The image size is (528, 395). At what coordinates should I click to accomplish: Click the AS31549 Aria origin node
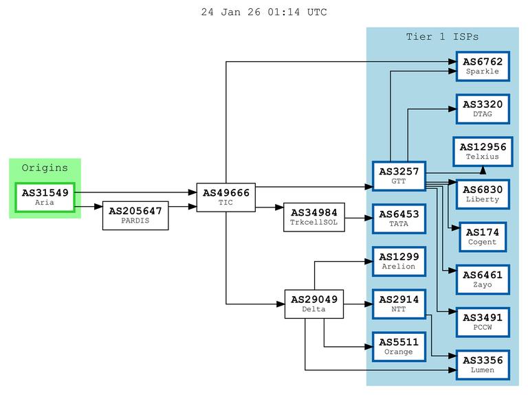click(45, 197)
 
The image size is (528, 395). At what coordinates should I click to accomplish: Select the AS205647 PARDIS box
click(135, 216)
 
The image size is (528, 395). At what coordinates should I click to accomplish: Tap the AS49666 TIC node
click(226, 197)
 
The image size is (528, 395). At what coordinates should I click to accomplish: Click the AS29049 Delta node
click(314, 304)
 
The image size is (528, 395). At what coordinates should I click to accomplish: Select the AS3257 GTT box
click(398, 177)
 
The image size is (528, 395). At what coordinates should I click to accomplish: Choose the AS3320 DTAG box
click(482, 109)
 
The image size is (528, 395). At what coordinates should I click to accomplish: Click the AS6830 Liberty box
click(482, 194)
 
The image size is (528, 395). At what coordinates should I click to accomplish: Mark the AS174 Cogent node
click(482, 236)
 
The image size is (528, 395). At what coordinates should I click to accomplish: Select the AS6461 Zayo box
click(482, 279)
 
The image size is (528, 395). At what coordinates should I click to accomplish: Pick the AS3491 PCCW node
click(482, 321)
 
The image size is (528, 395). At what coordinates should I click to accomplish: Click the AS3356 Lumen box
click(482, 364)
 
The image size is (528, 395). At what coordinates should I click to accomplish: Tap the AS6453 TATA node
click(398, 218)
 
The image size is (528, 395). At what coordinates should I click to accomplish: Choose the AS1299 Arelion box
click(398, 261)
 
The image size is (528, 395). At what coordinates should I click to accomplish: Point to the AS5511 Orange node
click(398, 346)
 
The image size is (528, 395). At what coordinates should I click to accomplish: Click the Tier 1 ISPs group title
click(442, 36)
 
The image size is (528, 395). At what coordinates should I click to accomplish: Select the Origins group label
click(45, 168)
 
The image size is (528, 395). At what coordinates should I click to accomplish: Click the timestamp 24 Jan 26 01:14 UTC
click(264, 12)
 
